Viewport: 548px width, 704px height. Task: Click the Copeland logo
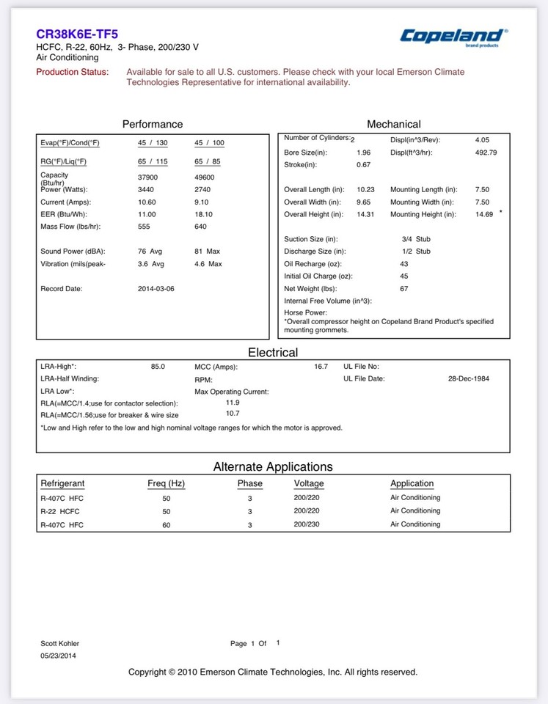pyautogui.click(x=453, y=36)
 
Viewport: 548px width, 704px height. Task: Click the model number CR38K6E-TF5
pyautogui.click(x=77, y=34)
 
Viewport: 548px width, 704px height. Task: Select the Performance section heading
pyautogui.click(x=153, y=124)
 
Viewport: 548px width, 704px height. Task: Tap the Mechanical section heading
pyautogui.click(x=393, y=124)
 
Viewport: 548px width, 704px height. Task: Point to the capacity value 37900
pyautogui.click(x=147, y=177)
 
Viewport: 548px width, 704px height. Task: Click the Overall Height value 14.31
pyautogui.click(x=366, y=214)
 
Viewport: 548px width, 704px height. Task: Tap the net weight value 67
pyautogui.click(x=404, y=289)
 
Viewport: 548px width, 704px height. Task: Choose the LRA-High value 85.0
pyautogui.click(x=158, y=366)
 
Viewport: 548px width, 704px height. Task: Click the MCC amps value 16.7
pyautogui.click(x=321, y=366)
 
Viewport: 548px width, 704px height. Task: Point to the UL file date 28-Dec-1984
pyautogui.click(x=468, y=378)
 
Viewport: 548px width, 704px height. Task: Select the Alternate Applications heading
pyautogui.click(x=273, y=466)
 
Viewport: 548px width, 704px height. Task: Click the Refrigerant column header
pyautogui.click(x=62, y=483)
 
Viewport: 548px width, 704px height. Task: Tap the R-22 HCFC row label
pyautogui.click(x=60, y=511)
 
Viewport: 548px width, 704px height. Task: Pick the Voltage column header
pyautogui.click(x=309, y=483)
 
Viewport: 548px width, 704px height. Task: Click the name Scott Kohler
pyautogui.click(x=59, y=643)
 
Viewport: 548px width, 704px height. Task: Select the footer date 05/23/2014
pyautogui.click(x=58, y=656)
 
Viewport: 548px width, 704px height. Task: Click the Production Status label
pyautogui.click(x=73, y=72)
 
